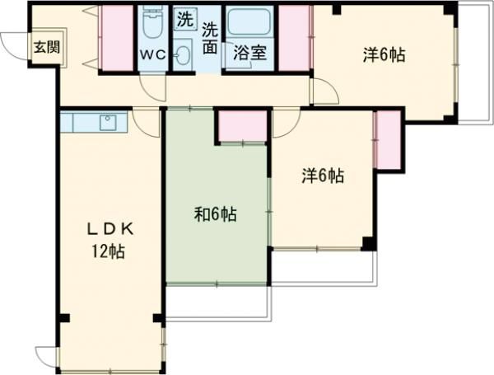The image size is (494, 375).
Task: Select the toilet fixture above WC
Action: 152,24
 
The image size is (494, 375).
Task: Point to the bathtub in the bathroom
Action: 250,24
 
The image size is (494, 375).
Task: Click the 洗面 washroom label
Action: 211,36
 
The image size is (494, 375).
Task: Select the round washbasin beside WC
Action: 183,55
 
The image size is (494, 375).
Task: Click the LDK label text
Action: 107,228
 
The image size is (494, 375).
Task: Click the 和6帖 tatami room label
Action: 216,215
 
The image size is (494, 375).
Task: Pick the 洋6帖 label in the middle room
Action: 322,176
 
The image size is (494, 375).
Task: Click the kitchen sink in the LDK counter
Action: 107,123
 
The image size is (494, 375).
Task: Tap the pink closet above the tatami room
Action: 242,125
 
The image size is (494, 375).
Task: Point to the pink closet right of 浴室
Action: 295,37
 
